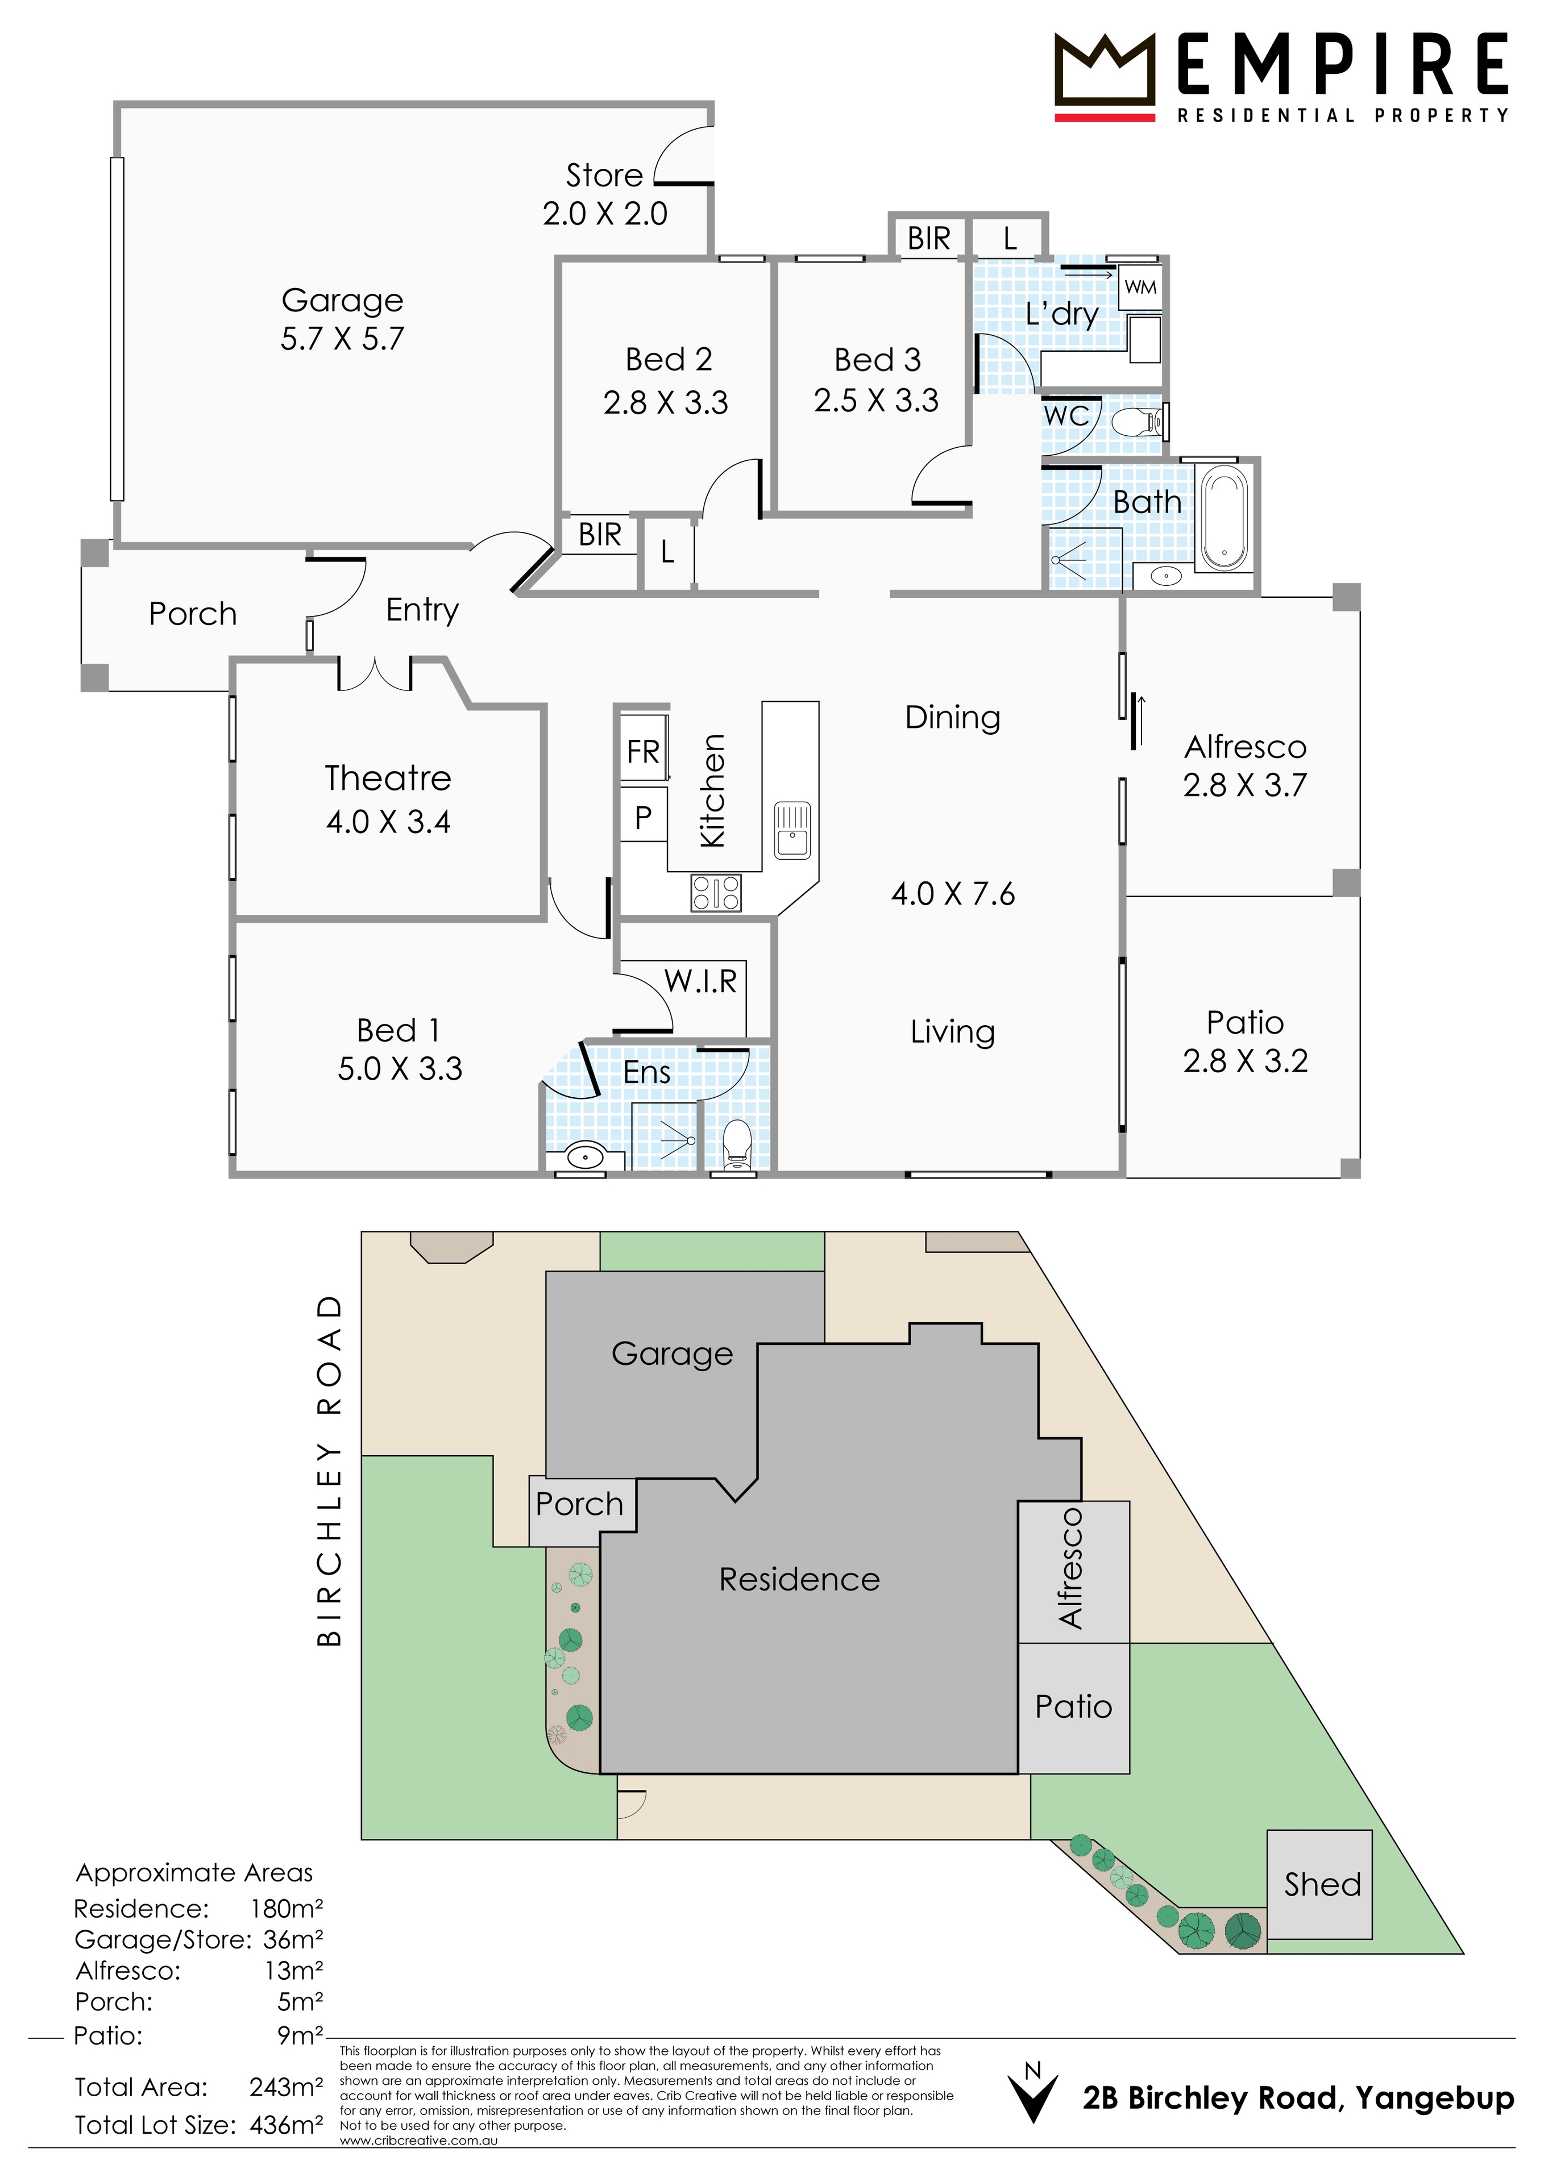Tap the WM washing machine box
1140,287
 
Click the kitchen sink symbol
792,830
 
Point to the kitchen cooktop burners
716,893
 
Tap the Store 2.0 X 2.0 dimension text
605,214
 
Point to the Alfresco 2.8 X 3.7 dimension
1244,785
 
